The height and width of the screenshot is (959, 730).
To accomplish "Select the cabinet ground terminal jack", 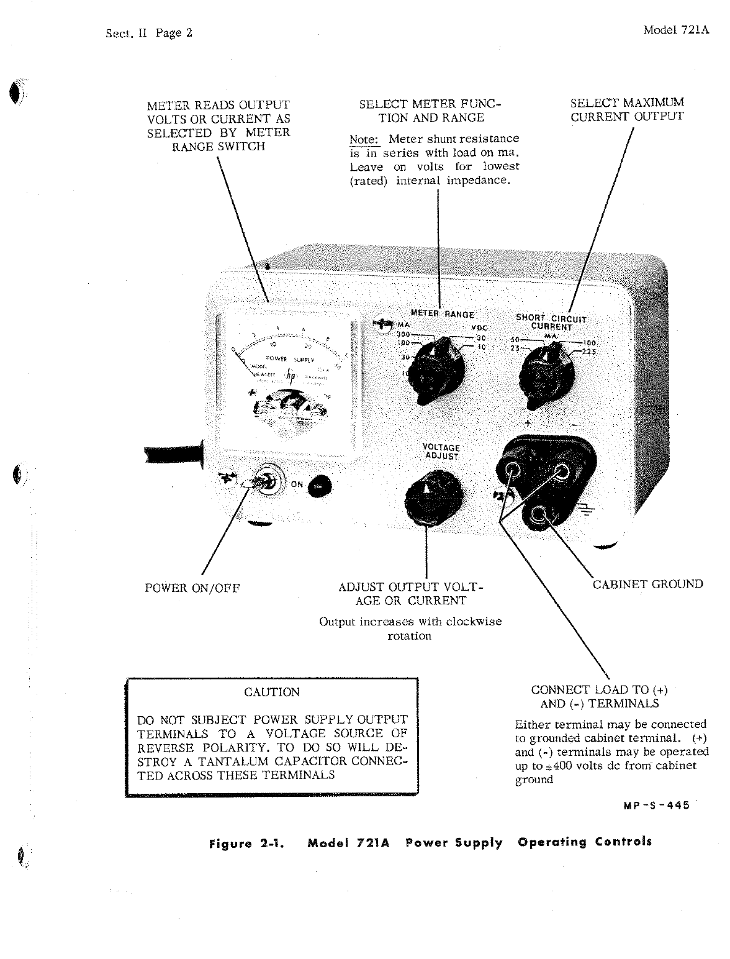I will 538,514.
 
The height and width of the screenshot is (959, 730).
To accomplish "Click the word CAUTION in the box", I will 272,692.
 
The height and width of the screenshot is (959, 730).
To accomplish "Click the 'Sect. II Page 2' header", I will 149,33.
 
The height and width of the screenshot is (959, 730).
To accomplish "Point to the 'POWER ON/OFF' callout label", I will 192,588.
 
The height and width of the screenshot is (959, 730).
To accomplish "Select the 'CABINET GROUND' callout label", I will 647,584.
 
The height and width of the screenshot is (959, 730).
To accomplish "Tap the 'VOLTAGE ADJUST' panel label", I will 441,452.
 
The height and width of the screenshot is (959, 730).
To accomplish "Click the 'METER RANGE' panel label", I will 443,314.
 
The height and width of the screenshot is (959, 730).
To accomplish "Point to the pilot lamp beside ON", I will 318,486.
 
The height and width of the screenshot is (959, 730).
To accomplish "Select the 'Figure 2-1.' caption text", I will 247,844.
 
